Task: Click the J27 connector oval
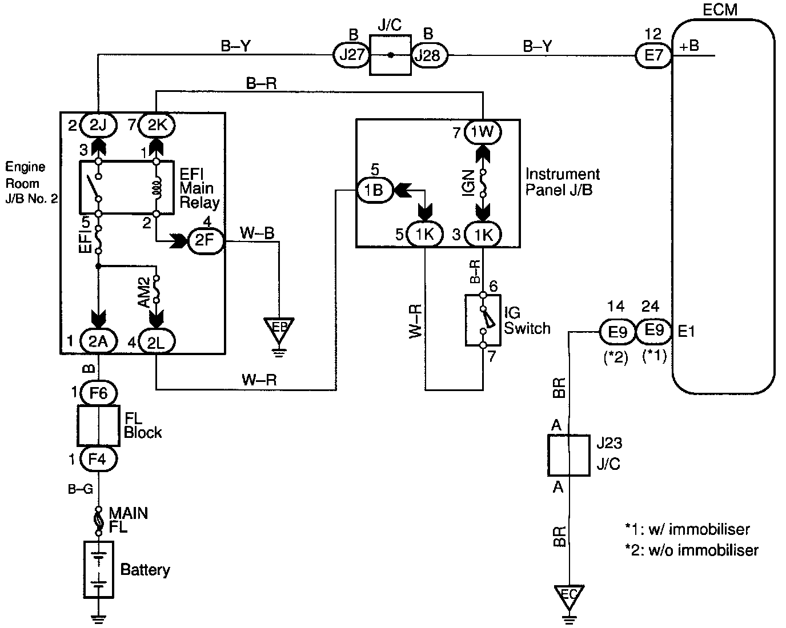pos(351,55)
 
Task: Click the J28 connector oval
pos(430,55)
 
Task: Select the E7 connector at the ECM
pos(653,55)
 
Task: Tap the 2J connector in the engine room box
pos(98,125)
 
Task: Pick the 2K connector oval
pos(157,125)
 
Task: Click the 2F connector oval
pos(205,240)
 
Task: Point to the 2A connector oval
pos(98,341)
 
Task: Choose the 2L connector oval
pos(157,341)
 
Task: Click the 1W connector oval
pos(483,132)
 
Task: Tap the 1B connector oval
pos(375,190)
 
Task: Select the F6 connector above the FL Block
pos(98,393)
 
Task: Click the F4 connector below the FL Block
pos(98,458)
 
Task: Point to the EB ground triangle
pos(279,330)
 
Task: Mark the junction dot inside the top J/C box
pos(391,55)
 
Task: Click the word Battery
pos(145,570)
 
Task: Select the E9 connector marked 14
pos(617,332)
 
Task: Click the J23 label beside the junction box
pos(609,443)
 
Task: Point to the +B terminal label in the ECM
pos(689,46)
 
